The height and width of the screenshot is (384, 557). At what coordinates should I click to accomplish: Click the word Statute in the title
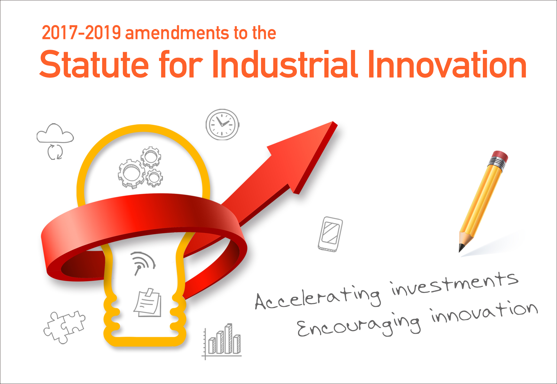(x=94, y=64)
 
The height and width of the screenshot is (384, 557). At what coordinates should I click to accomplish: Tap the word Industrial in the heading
(x=285, y=64)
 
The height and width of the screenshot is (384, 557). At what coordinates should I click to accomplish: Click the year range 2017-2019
(x=81, y=33)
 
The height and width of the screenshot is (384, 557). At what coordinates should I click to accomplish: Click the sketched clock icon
(x=222, y=125)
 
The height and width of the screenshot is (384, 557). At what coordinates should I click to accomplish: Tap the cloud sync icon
(x=55, y=141)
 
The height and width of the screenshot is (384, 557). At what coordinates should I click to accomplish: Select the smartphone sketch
(x=330, y=234)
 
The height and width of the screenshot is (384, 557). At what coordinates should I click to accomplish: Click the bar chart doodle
(x=222, y=341)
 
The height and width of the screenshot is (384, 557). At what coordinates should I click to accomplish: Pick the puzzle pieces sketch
(x=64, y=327)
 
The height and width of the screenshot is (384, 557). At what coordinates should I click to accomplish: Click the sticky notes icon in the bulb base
(x=148, y=303)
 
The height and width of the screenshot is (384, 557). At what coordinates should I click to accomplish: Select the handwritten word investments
(x=455, y=283)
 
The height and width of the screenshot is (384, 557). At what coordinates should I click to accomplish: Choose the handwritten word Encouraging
(x=359, y=324)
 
